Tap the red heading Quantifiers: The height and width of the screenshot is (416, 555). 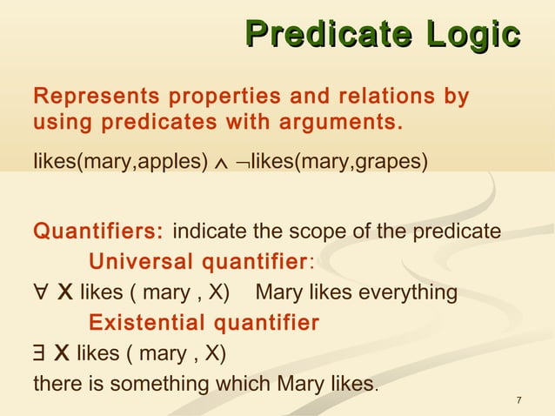pos(97,232)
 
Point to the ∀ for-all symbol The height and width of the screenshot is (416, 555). pos(40,292)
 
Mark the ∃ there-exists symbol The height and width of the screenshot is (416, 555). pos(39,353)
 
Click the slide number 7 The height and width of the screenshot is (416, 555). pos(518,399)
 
